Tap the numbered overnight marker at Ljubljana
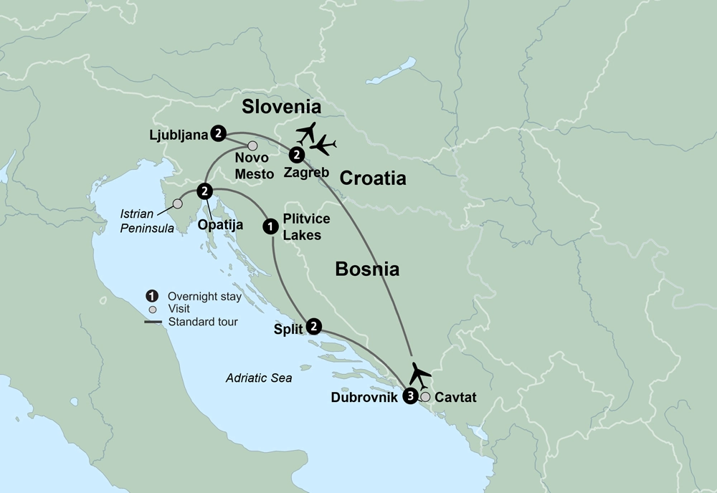pos(219,133)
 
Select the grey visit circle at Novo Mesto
pos(252,146)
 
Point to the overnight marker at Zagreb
pos(295,155)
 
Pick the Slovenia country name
pos(280,107)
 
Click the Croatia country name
pos(373,178)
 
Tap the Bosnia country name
pos(367,269)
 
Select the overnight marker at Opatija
pos(205,191)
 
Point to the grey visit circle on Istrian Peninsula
pos(177,204)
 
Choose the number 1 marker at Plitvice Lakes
pos(270,226)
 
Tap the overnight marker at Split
pos(313,327)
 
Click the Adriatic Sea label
pos(258,378)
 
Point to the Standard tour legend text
pos(203,322)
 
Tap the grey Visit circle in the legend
pos(152,310)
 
